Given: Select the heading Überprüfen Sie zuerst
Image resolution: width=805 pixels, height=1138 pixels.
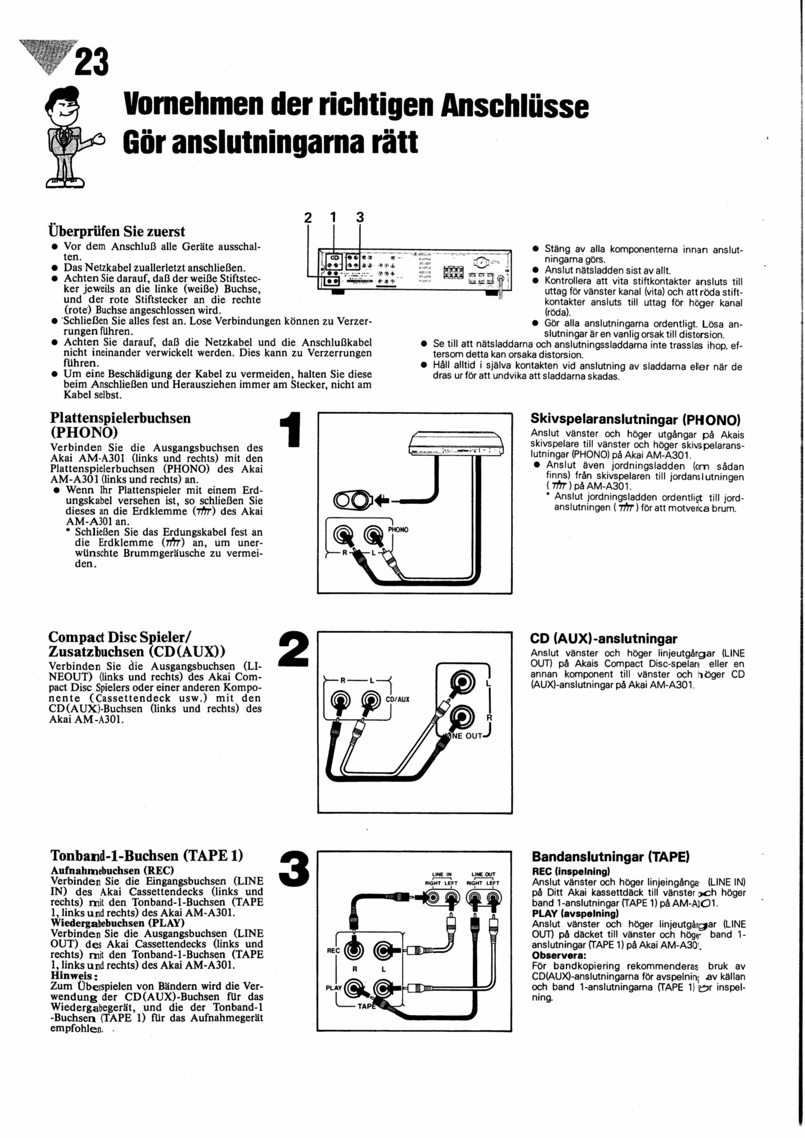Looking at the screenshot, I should click(117, 232).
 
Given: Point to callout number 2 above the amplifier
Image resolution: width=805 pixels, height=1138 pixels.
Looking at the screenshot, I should click(308, 218).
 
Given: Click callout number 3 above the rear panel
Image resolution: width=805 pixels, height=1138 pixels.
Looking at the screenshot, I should click(360, 218).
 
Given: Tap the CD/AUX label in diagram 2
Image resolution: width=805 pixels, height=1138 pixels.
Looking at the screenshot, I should click(398, 700).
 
